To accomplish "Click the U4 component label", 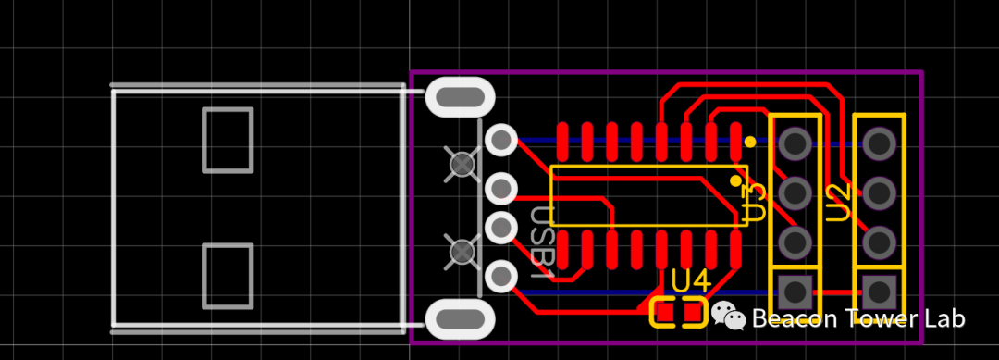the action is pos(691,281).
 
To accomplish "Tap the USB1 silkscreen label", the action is pos(542,243).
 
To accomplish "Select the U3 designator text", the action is pos(756,203).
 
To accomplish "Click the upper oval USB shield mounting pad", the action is pos(460,97).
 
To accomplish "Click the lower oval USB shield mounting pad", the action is pos(460,319).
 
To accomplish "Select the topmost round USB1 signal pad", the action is pos(500,140).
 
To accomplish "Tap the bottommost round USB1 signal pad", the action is pos(500,277).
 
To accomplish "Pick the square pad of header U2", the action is pos(880,292).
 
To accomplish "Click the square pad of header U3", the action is pos(795,292).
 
